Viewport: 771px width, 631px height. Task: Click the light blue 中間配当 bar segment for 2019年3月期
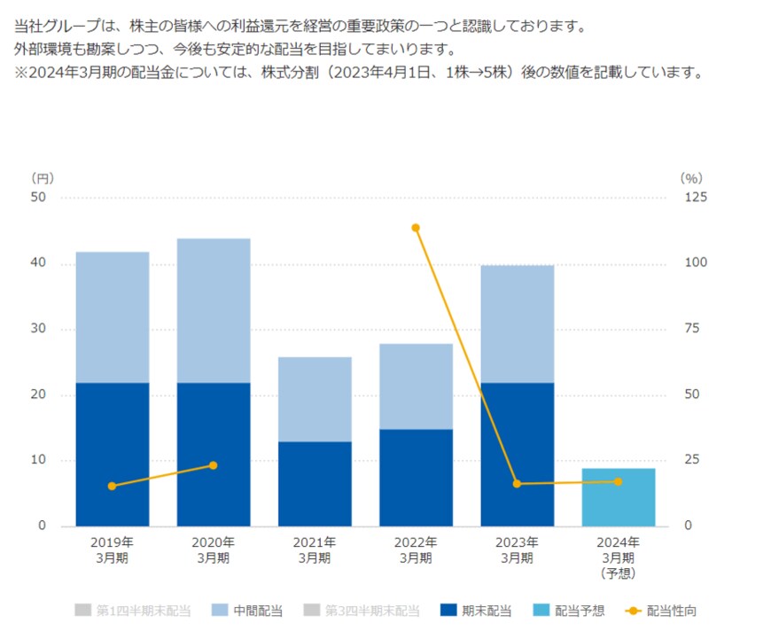point(113,317)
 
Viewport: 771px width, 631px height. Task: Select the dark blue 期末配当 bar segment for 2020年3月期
point(214,454)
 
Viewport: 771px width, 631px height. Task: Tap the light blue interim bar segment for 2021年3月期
point(315,399)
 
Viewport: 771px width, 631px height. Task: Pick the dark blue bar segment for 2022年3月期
point(416,477)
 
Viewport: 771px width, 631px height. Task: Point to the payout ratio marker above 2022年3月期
point(416,228)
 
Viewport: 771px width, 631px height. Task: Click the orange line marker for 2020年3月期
point(214,465)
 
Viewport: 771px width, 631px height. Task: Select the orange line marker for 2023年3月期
point(517,484)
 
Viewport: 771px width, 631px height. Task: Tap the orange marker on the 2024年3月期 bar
point(618,481)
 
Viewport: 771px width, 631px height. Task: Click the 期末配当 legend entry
point(476,611)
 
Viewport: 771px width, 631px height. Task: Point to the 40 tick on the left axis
point(38,264)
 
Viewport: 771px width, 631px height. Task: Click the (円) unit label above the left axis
point(42,178)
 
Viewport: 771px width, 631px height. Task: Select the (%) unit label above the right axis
point(691,178)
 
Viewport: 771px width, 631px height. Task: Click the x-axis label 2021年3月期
point(315,549)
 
